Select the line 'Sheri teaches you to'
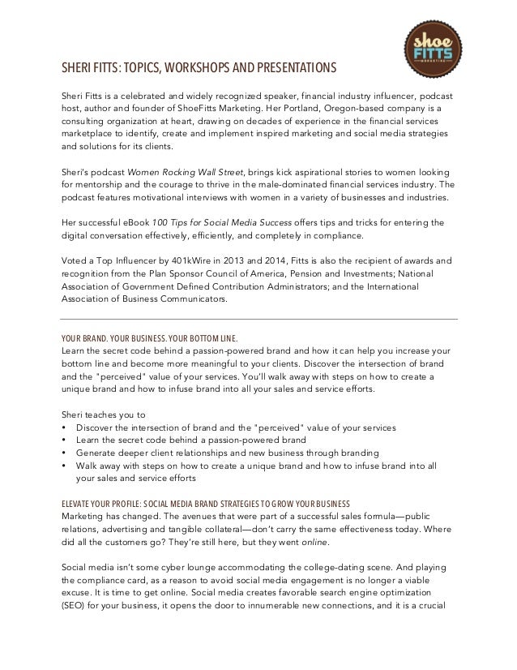103,414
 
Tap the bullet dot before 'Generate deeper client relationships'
64,453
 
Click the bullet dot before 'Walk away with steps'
64,466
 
